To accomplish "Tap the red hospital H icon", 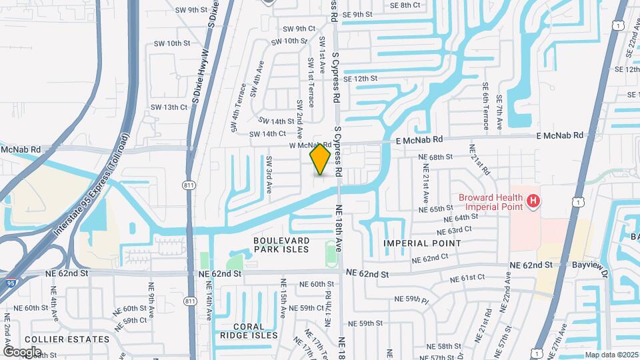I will [533, 201].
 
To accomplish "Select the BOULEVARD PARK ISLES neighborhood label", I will [281, 244].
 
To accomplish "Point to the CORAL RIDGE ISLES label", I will [248, 331].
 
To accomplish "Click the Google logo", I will [22, 351].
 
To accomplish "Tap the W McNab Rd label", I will [310, 145].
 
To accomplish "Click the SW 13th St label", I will [169, 107].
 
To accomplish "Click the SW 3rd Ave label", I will [269, 175].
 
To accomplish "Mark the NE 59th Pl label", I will [410, 299].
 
